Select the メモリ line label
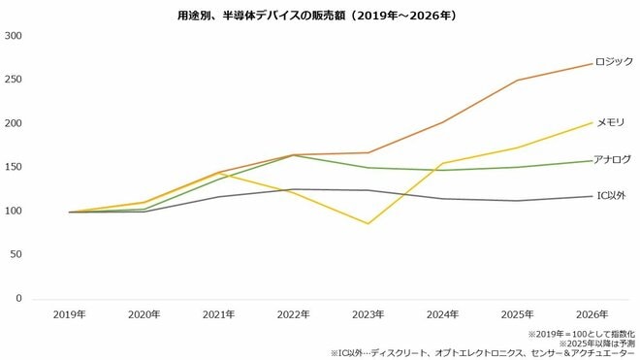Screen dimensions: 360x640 [x=610, y=123]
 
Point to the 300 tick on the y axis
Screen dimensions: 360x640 [x=15, y=36]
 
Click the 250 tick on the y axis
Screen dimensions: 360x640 [x=15, y=80]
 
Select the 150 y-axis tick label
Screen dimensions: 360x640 [x=15, y=167]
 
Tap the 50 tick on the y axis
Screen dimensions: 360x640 [x=17, y=254]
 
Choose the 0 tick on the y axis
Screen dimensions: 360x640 [x=20, y=298]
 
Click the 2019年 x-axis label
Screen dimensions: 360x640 [x=71, y=314]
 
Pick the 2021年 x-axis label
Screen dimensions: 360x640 [x=219, y=314]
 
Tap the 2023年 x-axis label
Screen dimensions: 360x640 [x=368, y=314]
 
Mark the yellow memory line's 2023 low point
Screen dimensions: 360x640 [x=368, y=223]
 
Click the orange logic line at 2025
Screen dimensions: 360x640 [x=516, y=81]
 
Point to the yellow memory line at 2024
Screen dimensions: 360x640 [x=442, y=163]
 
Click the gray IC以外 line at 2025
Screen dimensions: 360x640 [x=516, y=201]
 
